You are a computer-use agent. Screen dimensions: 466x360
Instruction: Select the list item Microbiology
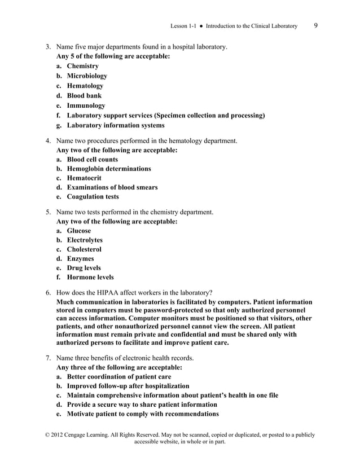pyautogui.click(x=86, y=76)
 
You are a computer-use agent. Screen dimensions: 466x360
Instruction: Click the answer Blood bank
pyautogui.click(x=84, y=95)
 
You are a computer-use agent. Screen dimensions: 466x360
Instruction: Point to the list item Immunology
pyautogui.click(x=86, y=105)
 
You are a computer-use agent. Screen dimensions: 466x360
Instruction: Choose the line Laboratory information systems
pyautogui.click(x=116, y=125)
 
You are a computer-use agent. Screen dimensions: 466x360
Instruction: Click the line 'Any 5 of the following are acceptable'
pyautogui.click(x=113, y=56)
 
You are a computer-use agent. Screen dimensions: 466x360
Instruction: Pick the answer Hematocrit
pyautogui.click(x=84, y=178)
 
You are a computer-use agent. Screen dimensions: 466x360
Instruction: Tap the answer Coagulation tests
pyautogui.click(x=93, y=197)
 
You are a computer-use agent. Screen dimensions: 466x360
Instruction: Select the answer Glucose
pyautogui.click(x=78, y=231)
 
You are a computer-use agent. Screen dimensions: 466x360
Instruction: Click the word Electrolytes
pyautogui.click(x=85, y=240)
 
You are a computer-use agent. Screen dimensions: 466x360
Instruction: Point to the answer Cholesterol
pyautogui.click(x=84, y=249)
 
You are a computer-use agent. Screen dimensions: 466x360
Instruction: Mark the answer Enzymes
pyautogui.click(x=80, y=258)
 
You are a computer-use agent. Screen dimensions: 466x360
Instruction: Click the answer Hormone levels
pyautogui.click(x=90, y=277)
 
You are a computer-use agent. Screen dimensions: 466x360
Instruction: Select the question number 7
pyautogui.click(x=48, y=358)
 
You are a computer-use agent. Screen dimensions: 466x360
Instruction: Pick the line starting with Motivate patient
pyautogui.click(x=143, y=414)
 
